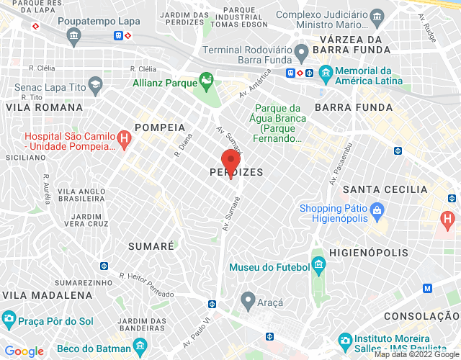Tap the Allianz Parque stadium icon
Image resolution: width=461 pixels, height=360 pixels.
207,82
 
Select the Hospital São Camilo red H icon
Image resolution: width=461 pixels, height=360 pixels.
124,140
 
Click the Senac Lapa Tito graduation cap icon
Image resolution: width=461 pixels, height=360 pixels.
94,86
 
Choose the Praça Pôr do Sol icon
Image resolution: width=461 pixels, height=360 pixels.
9,318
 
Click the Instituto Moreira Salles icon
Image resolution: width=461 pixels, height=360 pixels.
345,339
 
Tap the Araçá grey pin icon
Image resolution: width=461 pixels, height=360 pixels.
249,299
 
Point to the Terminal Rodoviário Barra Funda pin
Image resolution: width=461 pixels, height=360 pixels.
303,51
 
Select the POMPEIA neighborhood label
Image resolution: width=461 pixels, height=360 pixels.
160,127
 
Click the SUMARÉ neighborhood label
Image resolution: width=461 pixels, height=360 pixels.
151,246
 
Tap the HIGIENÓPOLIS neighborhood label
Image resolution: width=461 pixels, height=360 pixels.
368,253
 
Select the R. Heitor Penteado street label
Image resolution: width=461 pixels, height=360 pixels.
147,285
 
